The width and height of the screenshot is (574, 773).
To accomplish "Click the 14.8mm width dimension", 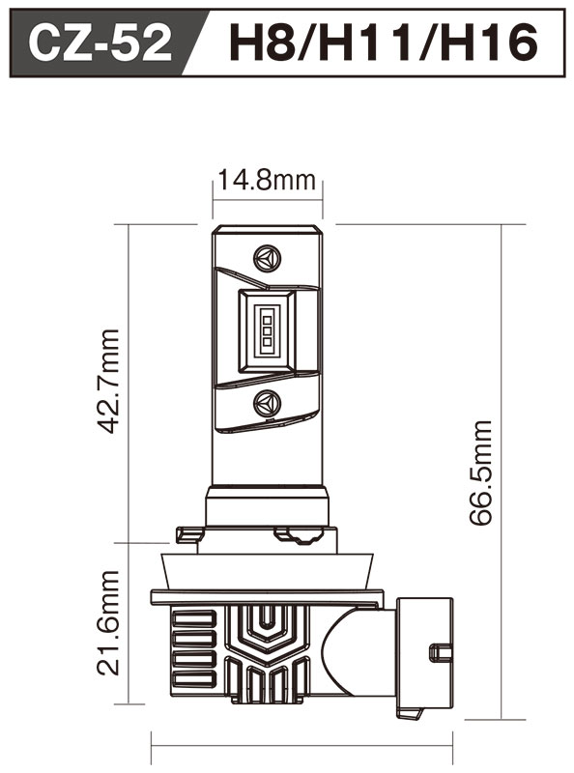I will click(x=267, y=180).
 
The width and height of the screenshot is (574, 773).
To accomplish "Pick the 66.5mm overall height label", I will click(x=480, y=472).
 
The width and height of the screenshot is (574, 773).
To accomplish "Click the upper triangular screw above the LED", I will click(x=267, y=259).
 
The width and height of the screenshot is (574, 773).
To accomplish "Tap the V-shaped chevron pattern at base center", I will click(x=266, y=628).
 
